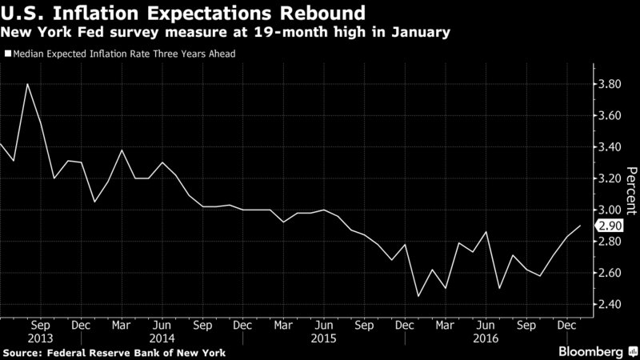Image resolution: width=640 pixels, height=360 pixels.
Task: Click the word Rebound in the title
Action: pyautogui.click(x=322, y=13)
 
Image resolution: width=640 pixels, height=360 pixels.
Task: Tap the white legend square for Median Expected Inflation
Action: pyautogui.click(x=8, y=54)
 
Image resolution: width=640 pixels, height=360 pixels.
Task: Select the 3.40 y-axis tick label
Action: pyautogui.click(x=610, y=147)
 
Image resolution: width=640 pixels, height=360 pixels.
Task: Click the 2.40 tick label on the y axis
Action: pyautogui.click(x=610, y=304)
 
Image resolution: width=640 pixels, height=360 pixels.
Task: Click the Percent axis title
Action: pyautogui.click(x=631, y=190)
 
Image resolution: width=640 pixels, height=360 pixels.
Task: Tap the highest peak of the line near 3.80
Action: pyautogui.click(x=27, y=84)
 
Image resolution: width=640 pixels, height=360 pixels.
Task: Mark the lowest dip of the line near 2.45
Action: pyautogui.click(x=418, y=296)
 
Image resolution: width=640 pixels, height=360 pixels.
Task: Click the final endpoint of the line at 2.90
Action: pyautogui.click(x=580, y=226)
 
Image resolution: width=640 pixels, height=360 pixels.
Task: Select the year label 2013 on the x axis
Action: pyautogui.click(x=41, y=338)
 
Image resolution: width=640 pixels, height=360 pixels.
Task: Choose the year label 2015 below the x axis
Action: pyautogui.click(x=324, y=338)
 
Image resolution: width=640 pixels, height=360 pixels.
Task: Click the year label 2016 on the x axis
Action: pyautogui.click(x=486, y=338)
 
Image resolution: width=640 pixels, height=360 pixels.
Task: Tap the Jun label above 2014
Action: pyautogui.click(x=162, y=326)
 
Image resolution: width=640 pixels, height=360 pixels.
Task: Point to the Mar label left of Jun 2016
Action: pyautogui.click(x=445, y=326)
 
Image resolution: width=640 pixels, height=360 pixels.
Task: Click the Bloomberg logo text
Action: pyautogui.click(x=590, y=352)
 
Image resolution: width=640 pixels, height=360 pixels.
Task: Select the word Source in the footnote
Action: pyautogui.click(x=22, y=353)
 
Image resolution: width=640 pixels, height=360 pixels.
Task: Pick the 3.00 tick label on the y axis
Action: pyautogui.click(x=610, y=210)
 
